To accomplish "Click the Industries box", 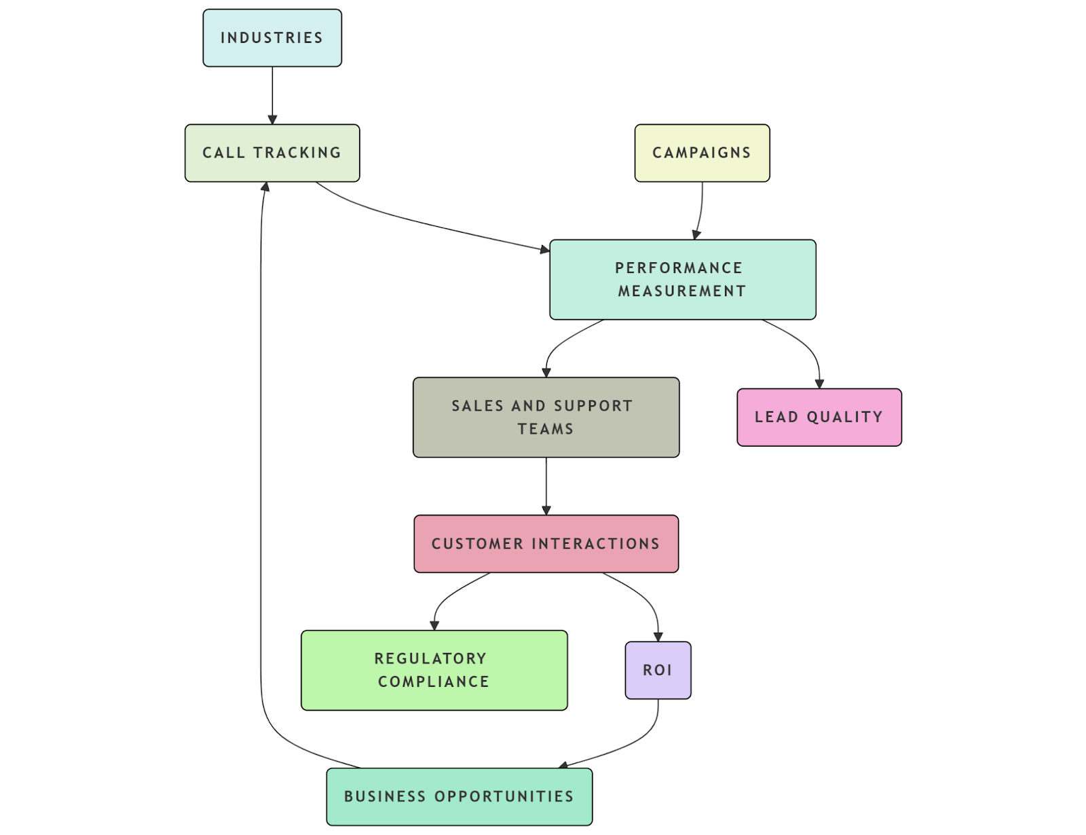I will pyautogui.click(x=272, y=38).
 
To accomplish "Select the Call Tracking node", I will pyautogui.click(x=272, y=153).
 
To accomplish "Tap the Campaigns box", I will pyautogui.click(x=702, y=153).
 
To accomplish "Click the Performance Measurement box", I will pyautogui.click(x=682, y=279).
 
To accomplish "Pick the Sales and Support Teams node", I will pyautogui.click(x=546, y=417).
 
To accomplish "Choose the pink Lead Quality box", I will pyautogui.click(x=819, y=417).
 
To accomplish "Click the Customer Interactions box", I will pyautogui.click(x=546, y=543).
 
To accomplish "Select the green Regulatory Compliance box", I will pyautogui.click(x=434, y=669).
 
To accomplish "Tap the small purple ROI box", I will pyautogui.click(x=658, y=669).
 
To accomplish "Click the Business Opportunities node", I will pyautogui.click(x=459, y=796).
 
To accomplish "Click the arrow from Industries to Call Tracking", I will pyautogui.click(x=272, y=95).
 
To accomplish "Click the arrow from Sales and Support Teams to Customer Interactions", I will pyautogui.click(x=546, y=485).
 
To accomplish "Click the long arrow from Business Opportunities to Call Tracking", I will pyautogui.click(x=261, y=475).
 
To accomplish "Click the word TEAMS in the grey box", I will pyautogui.click(x=546, y=429).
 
